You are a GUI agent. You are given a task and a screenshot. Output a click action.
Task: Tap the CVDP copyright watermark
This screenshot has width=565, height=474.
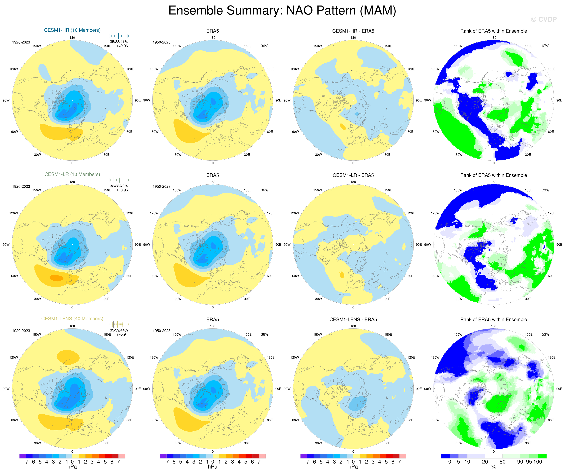544,19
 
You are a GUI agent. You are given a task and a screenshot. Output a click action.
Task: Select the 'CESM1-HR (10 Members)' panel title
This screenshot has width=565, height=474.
72,30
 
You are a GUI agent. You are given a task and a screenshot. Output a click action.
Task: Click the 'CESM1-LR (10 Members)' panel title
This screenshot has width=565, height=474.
72,174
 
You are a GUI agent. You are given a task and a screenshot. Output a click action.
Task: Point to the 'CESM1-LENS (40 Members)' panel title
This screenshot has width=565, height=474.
72,319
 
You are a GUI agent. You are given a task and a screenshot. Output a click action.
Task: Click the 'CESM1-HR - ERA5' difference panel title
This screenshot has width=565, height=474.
353,31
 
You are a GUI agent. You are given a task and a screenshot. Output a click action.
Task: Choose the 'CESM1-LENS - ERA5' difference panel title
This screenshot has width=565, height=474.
353,319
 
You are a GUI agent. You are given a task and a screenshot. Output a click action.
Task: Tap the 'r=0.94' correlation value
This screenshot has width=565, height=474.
122,335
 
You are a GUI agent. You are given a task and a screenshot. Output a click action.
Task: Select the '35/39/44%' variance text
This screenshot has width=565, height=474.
119,330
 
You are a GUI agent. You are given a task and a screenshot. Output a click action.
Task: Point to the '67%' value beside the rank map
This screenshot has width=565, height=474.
545,46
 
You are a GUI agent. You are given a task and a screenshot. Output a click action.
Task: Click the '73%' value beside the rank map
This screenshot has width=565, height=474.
545,190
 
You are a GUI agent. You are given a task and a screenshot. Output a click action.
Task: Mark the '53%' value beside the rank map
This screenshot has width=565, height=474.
545,335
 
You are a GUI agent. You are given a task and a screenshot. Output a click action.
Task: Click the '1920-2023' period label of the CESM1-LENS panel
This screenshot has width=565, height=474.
21,331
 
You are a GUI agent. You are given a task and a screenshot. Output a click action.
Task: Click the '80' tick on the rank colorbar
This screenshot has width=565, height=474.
502,462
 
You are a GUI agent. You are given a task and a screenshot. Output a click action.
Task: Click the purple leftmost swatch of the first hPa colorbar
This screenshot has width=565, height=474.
23,456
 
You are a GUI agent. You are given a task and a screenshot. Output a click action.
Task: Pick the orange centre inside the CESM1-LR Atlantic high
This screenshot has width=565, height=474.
56,278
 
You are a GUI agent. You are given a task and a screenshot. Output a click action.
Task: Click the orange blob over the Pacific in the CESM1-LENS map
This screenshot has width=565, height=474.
68,357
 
